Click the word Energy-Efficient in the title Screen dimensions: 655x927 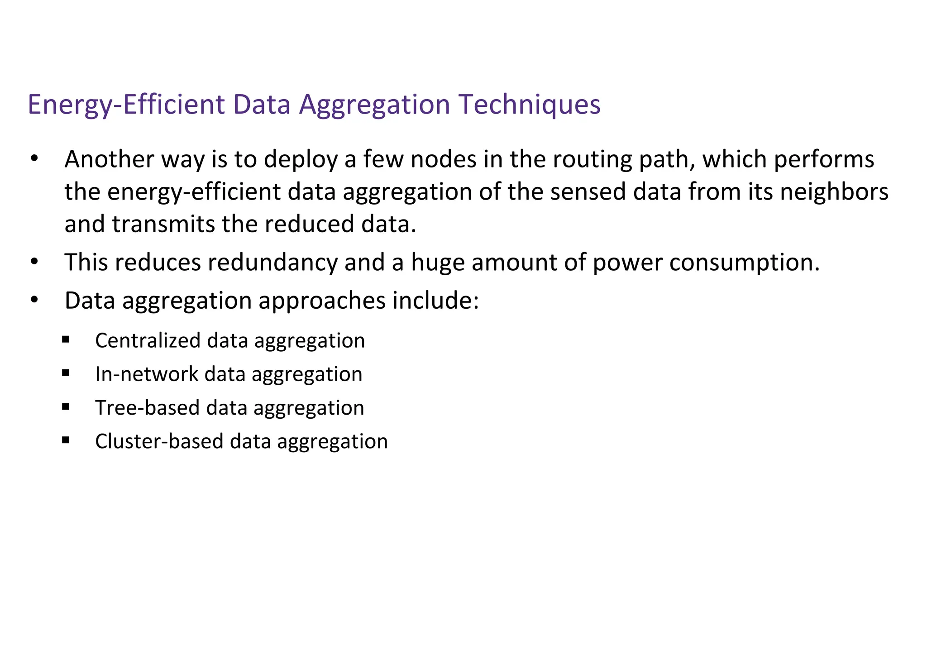point(126,105)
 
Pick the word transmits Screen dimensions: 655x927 point(163,225)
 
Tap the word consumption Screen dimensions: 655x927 point(745,263)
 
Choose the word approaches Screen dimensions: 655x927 point(322,301)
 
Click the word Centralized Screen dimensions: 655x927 point(148,340)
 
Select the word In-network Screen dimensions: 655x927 point(147,374)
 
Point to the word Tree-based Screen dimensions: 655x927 point(148,408)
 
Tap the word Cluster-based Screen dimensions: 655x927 point(159,441)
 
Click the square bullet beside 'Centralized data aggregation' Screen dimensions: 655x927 point(66,339)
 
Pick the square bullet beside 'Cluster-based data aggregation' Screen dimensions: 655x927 point(66,440)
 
